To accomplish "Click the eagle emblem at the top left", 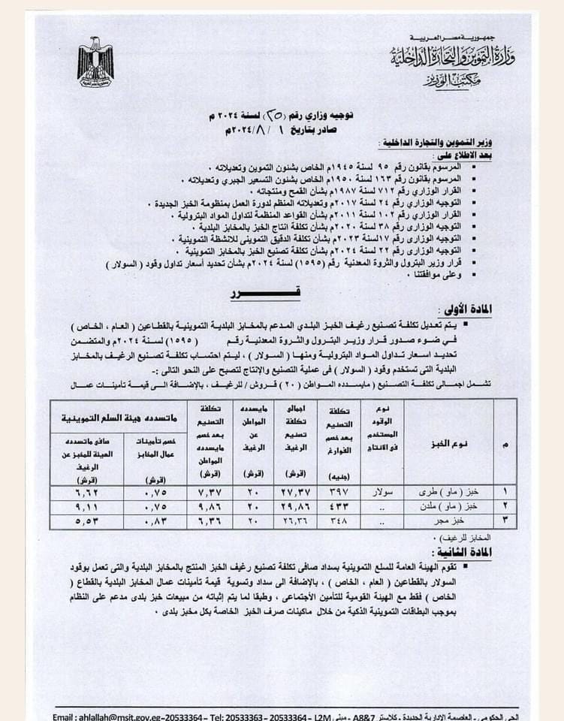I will (95, 62).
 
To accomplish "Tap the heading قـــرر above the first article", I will (247, 294).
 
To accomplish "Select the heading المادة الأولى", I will (466, 310).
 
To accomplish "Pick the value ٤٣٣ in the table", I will (339, 505).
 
